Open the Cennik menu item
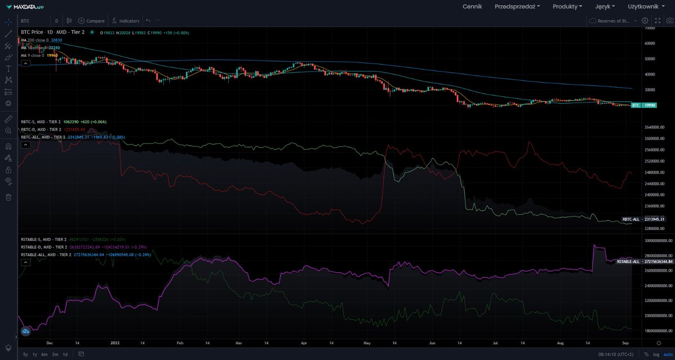[472, 6]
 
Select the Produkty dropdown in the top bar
[568, 6]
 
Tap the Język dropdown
[605, 6]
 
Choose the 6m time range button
[44, 354]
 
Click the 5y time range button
[25, 354]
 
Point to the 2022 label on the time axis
[115, 342]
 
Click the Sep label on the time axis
[625, 342]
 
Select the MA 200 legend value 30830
[56, 40]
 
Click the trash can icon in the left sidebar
[8, 197]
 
